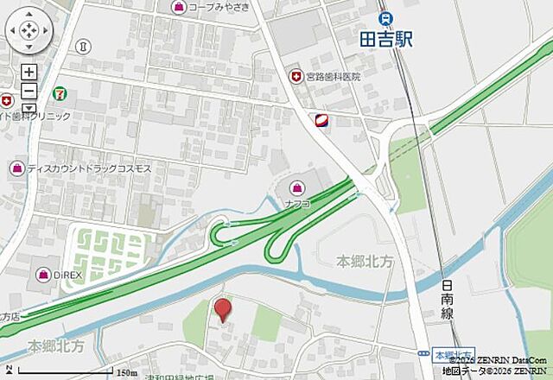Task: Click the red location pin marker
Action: [x=223, y=309]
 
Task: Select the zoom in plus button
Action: [x=29, y=73]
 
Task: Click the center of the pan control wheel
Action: [x=29, y=30]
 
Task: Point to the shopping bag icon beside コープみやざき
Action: [x=178, y=8]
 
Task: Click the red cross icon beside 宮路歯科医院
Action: [x=296, y=77]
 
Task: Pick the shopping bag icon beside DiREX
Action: [x=42, y=275]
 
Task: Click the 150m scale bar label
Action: [x=127, y=372]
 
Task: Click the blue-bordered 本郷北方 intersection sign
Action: [x=453, y=355]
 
